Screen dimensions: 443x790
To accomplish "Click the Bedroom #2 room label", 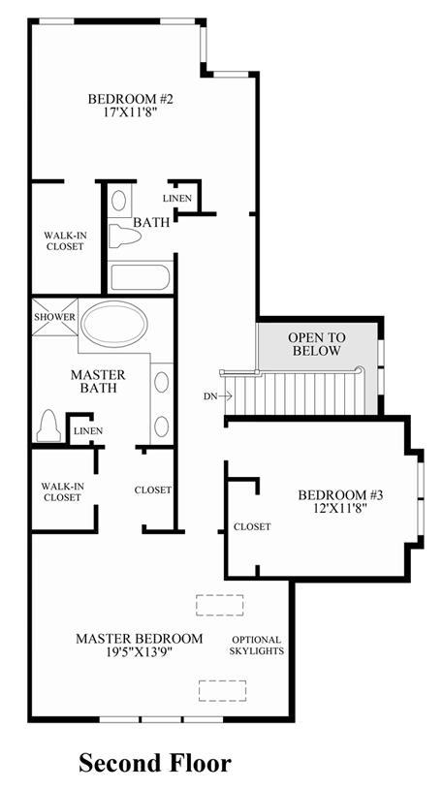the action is [x=130, y=99].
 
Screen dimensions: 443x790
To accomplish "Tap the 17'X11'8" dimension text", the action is [x=131, y=111].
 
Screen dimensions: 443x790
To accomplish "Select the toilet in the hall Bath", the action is [x=124, y=236].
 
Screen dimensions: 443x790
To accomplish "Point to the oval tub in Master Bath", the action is [x=114, y=324].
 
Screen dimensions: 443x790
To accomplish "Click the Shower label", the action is [x=55, y=317].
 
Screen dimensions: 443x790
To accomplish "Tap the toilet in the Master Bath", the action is [x=48, y=427].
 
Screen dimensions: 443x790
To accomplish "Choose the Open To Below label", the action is [x=317, y=344].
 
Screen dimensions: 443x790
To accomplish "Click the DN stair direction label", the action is [x=209, y=396].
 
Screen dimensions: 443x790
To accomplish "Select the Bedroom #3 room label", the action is [x=340, y=494].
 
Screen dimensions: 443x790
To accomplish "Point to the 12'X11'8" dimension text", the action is [x=340, y=508].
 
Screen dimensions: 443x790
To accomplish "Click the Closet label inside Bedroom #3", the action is [x=252, y=527].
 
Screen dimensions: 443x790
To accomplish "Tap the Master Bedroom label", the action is [x=139, y=639].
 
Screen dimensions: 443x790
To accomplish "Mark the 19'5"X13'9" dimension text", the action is [x=139, y=652].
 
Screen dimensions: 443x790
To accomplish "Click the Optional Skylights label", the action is [x=257, y=645].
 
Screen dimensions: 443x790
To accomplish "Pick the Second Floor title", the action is [x=155, y=762].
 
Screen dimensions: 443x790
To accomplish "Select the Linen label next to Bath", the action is [x=177, y=199].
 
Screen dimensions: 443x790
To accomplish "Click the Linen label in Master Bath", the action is [x=88, y=431].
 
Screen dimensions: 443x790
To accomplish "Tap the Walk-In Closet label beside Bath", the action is [x=64, y=240].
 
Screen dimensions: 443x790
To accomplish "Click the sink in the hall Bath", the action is [x=119, y=201].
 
